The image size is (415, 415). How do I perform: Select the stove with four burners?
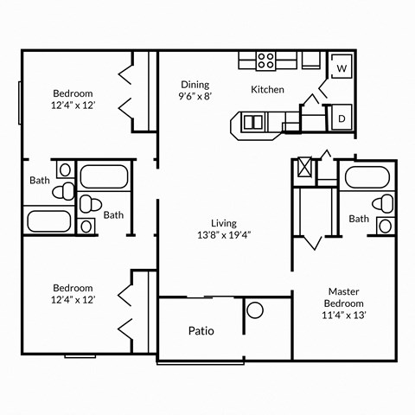click(266, 61)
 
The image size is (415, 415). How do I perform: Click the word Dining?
click(195, 84)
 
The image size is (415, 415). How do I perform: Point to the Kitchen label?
click(267, 89)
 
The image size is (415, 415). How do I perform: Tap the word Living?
click(224, 222)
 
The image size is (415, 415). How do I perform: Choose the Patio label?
click(201, 330)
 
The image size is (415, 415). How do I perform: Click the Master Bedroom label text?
click(344, 297)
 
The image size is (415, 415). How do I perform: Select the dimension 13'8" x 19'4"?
click(224, 234)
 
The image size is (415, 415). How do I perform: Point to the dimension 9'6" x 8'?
click(195, 97)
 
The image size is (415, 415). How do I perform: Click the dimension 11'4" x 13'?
click(344, 316)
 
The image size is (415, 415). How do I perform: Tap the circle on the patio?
click(254, 310)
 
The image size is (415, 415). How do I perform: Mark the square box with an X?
click(305, 167)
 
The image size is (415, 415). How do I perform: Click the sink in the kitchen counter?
click(253, 121)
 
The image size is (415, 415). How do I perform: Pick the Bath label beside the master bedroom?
click(359, 219)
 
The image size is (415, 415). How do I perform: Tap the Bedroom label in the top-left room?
click(73, 93)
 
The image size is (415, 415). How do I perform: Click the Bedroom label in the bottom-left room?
click(73, 287)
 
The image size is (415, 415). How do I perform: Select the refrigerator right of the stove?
click(310, 61)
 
